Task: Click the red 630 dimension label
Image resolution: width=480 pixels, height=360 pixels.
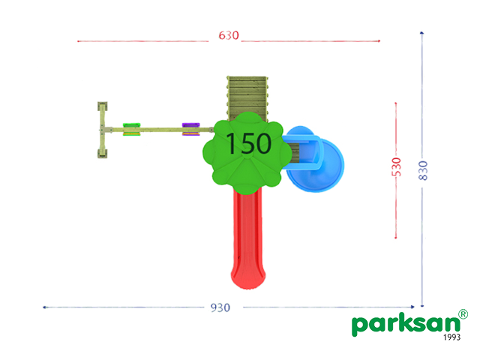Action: pyautogui.click(x=229, y=35)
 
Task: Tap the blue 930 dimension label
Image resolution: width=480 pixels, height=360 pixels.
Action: pyautogui.click(x=220, y=307)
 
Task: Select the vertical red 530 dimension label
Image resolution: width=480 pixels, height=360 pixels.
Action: pyautogui.click(x=396, y=167)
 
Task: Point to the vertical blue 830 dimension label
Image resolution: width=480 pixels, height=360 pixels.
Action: pyautogui.click(x=423, y=170)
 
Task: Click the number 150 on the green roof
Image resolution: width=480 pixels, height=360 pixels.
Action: pyautogui.click(x=248, y=143)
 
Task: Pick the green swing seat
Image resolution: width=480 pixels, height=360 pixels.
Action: pyautogui.click(x=132, y=129)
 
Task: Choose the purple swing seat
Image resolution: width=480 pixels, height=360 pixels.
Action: pyautogui.click(x=191, y=129)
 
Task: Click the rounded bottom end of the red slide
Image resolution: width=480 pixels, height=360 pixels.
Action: pyautogui.click(x=248, y=280)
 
